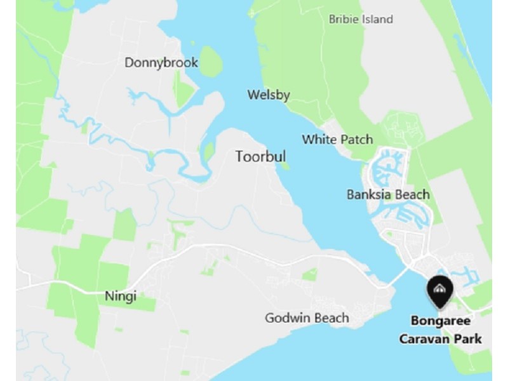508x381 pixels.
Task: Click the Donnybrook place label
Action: (x=161, y=63)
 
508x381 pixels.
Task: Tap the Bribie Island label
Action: (x=361, y=19)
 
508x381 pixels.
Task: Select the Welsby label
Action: (x=269, y=95)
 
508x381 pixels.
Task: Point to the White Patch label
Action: (x=337, y=139)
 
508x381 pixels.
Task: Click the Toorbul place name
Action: (x=260, y=156)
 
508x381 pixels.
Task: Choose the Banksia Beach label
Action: (x=388, y=194)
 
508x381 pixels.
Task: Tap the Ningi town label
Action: (x=121, y=296)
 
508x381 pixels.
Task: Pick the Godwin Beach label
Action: (x=307, y=317)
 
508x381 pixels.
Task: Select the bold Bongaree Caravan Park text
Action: (x=440, y=330)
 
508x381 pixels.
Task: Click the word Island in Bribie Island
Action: (x=377, y=19)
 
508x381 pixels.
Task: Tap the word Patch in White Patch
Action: (x=356, y=139)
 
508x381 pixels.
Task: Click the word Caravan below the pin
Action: (x=421, y=339)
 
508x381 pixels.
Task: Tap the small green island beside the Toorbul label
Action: (x=284, y=166)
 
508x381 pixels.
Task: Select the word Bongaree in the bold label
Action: (x=440, y=321)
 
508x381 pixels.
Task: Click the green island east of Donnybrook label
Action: (x=211, y=61)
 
